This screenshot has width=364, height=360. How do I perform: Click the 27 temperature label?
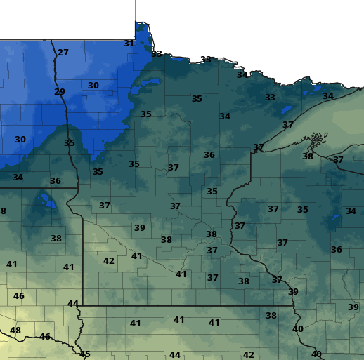[63, 53]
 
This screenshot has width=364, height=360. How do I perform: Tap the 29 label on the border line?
[60, 92]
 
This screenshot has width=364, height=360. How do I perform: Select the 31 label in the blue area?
[129, 43]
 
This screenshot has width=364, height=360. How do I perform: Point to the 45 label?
[85, 354]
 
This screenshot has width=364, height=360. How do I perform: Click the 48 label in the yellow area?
[15, 331]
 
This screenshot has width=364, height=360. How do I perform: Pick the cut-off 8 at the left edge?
[3, 211]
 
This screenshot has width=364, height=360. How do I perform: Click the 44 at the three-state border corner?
[73, 303]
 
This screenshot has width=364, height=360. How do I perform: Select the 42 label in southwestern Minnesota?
[109, 260]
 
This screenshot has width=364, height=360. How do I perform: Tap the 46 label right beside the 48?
[45, 337]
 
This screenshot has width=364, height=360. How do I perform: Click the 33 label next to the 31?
[157, 54]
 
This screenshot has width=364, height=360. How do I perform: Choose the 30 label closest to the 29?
[93, 86]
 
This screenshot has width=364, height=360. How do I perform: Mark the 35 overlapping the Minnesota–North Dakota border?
[70, 143]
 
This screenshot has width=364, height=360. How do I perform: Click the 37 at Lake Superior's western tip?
[259, 147]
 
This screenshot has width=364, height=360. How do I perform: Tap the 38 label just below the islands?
[308, 156]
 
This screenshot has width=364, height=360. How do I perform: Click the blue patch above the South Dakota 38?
[47, 201]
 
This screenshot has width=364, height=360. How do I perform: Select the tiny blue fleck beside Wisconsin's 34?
[336, 218]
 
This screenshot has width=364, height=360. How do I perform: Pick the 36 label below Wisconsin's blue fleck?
[337, 250]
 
